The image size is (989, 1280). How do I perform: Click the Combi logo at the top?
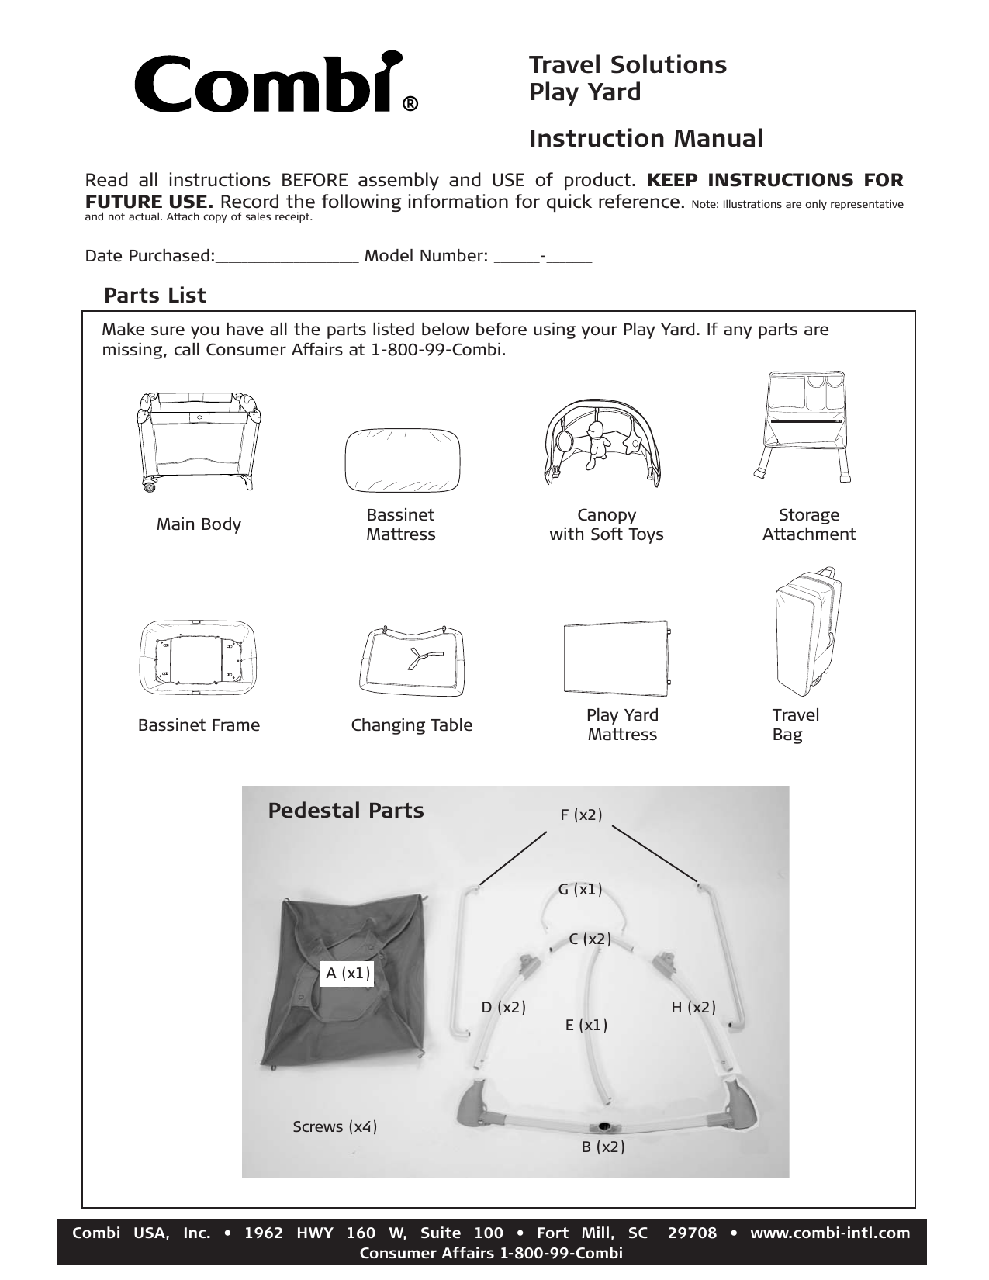(x=268, y=84)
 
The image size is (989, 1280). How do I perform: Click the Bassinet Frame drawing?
(x=198, y=658)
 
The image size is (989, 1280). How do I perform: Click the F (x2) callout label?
(x=581, y=815)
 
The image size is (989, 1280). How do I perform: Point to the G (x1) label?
(x=580, y=889)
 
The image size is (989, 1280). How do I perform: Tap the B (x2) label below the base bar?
(x=603, y=1147)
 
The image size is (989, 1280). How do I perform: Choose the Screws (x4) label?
(x=335, y=1126)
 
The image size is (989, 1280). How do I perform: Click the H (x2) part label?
(x=693, y=1007)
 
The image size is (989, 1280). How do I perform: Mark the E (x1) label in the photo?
(x=586, y=1025)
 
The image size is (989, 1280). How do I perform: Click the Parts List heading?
(x=155, y=296)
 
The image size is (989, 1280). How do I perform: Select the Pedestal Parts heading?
(x=346, y=811)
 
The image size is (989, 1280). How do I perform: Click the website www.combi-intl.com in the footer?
(x=830, y=1233)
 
